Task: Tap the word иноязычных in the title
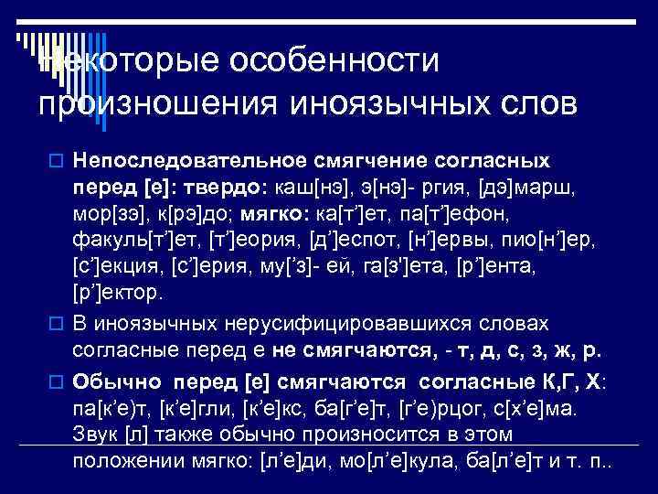[380, 102]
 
